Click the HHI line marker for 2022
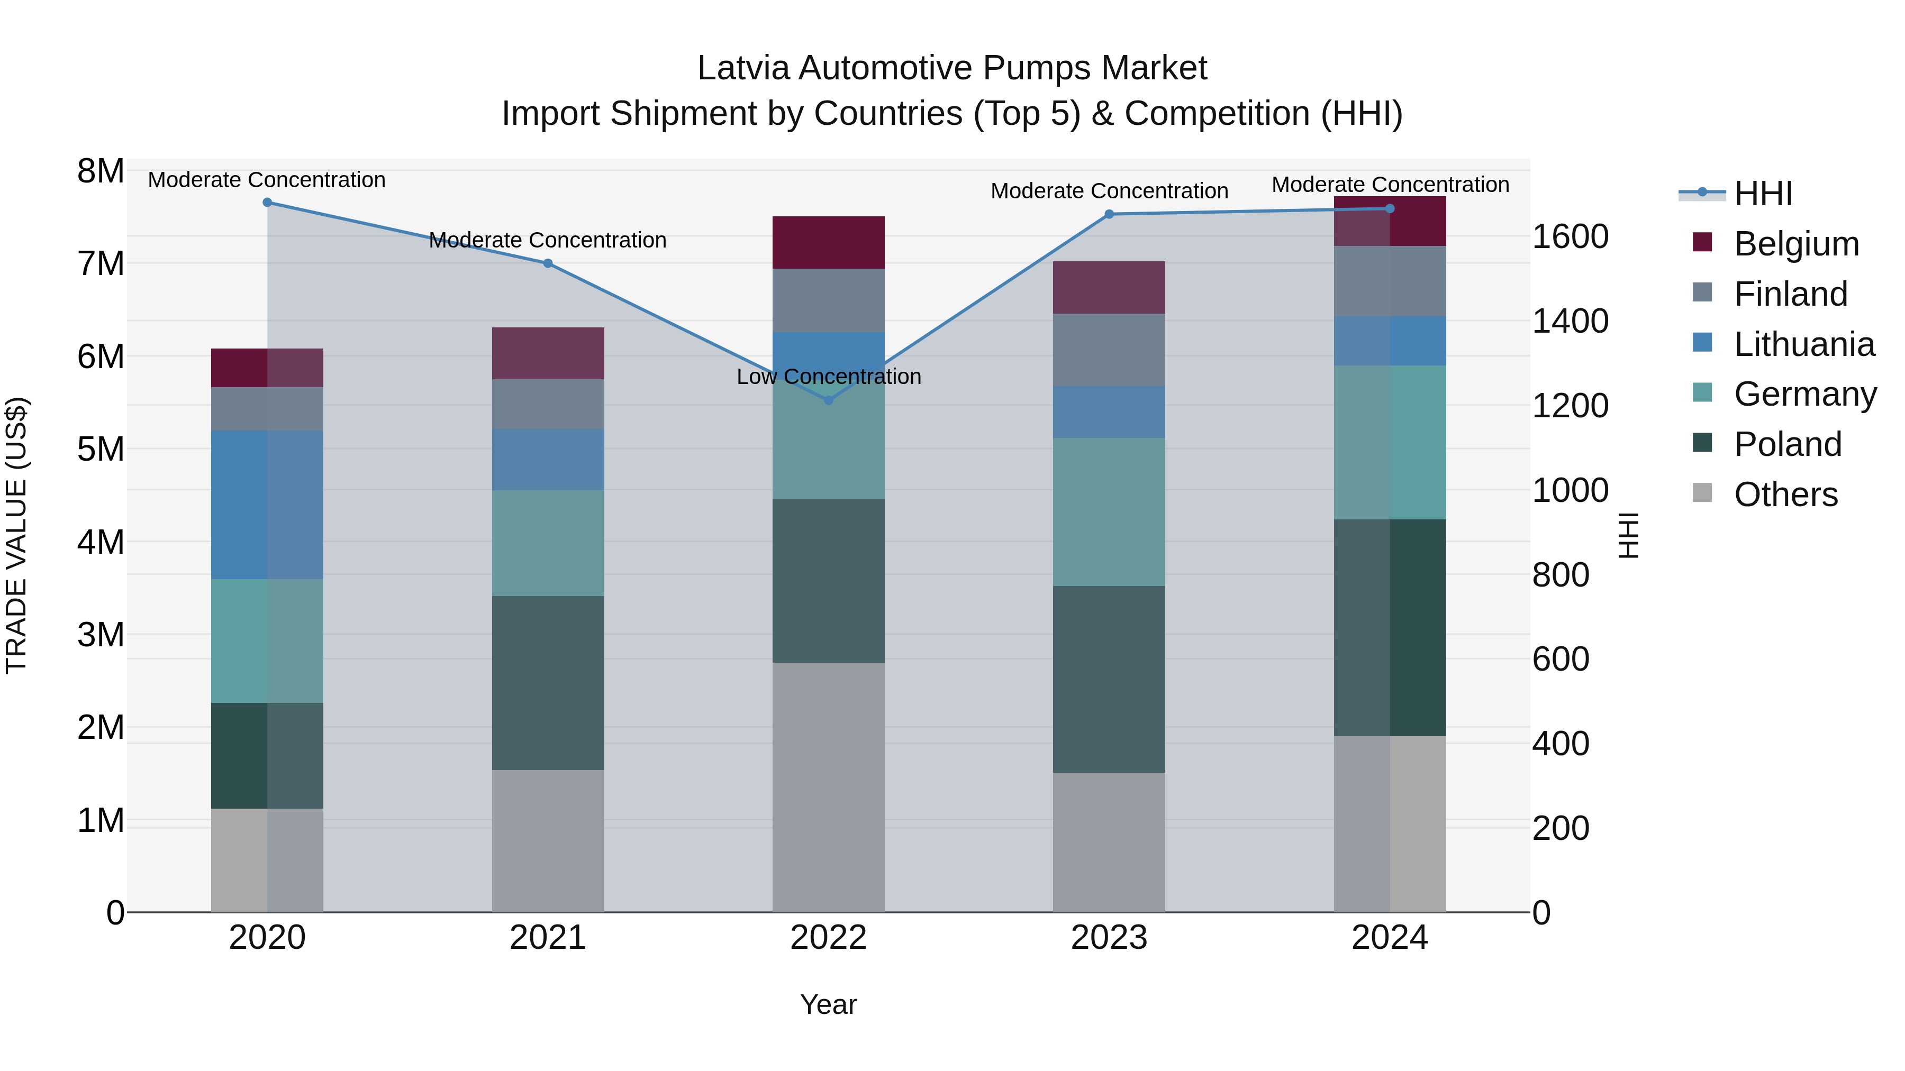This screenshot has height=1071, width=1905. tap(828, 400)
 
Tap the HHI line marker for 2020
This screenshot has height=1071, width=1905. tap(267, 203)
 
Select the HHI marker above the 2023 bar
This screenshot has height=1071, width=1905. tap(1109, 214)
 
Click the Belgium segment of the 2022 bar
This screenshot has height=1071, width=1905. tap(828, 242)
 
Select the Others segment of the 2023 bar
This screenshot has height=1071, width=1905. tap(1109, 842)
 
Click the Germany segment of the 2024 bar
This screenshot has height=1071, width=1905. tap(1390, 442)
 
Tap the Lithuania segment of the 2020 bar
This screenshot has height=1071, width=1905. tap(267, 505)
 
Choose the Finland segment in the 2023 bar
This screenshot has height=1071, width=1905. tap(1109, 350)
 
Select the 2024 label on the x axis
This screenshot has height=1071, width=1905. tap(1390, 938)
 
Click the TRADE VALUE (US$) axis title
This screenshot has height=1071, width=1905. tap(16, 535)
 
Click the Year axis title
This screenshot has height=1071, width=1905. tap(828, 1004)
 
